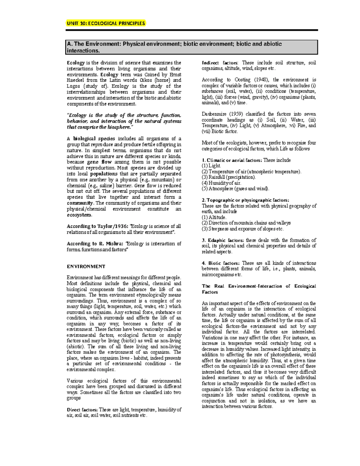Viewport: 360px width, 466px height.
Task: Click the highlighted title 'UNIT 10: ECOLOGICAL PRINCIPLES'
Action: [x=106, y=23]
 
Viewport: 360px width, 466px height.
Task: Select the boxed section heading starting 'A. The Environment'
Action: [x=174, y=47]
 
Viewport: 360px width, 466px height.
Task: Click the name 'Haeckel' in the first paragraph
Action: [x=75, y=80]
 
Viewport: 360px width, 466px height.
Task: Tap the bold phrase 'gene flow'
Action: [x=99, y=162]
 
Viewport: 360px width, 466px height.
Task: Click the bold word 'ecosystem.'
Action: [x=79, y=215]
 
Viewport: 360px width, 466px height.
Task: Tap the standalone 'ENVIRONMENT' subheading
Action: [x=86, y=266]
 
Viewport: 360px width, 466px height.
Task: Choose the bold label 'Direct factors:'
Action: [x=82, y=410]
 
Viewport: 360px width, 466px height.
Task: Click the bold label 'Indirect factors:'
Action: [x=220, y=63]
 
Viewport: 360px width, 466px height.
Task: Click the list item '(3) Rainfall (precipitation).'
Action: [x=229, y=177]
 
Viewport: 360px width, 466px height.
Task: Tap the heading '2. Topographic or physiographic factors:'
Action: [x=245, y=200]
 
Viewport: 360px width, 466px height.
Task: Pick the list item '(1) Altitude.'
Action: [x=214, y=217]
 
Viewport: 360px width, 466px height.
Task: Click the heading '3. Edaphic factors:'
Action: [x=223, y=240]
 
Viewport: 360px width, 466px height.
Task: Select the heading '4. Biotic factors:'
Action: [x=220, y=263]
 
